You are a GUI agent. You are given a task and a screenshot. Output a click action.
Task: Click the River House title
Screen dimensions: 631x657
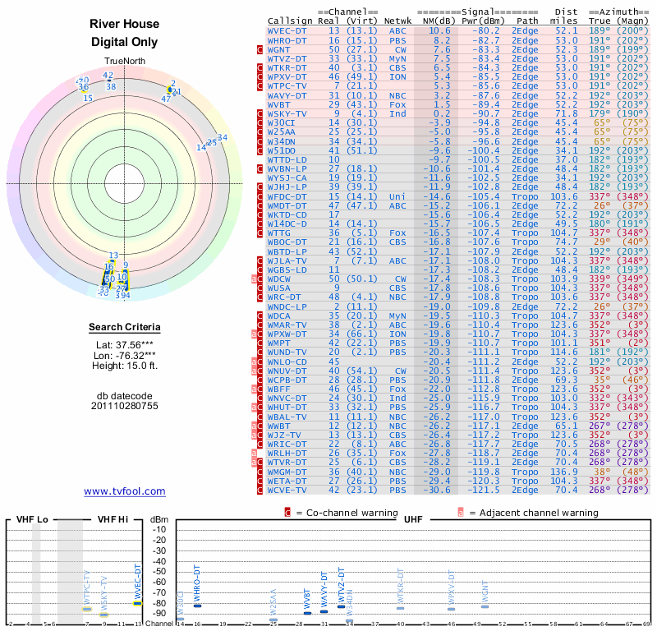pyautogui.click(x=125, y=24)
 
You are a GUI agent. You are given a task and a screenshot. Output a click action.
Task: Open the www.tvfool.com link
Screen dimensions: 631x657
pyautogui.click(x=125, y=491)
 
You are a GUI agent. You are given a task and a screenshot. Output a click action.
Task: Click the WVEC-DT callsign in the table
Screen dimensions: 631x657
pyautogui.click(x=287, y=30)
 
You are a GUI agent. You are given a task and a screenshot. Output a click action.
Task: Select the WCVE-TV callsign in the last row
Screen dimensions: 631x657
pyautogui.click(x=287, y=491)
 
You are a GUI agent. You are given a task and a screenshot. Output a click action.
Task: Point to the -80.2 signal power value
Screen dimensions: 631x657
pyautogui.click(x=480, y=30)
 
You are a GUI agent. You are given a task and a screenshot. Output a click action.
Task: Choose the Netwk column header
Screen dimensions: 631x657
pyautogui.click(x=398, y=21)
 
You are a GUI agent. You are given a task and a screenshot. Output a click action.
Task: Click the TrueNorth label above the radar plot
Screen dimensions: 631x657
pyautogui.click(x=124, y=63)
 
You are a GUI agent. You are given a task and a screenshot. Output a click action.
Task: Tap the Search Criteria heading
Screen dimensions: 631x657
pyautogui.click(x=125, y=328)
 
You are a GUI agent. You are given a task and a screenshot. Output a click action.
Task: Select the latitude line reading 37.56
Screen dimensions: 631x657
pyautogui.click(x=125, y=345)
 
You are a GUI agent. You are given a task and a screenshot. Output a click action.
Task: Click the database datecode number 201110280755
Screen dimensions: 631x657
pyautogui.click(x=125, y=406)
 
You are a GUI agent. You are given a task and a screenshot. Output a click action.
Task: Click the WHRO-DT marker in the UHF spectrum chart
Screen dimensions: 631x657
pyautogui.click(x=197, y=606)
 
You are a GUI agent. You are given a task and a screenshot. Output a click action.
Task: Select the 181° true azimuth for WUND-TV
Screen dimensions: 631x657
pyautogui.click(x=601, y=350)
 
